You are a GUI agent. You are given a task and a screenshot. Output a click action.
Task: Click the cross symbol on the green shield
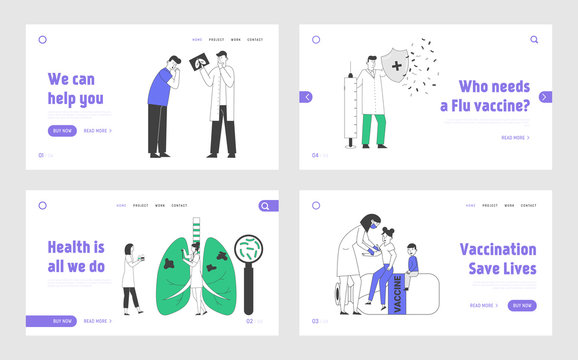point(397,67)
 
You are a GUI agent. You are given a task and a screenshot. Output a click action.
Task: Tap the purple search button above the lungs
point(267,206)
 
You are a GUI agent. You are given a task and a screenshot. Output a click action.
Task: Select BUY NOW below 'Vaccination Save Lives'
point(521,305)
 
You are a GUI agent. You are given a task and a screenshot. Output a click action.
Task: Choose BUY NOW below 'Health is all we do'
point(62,321)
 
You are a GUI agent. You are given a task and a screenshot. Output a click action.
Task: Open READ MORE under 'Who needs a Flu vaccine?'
point(512,137)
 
